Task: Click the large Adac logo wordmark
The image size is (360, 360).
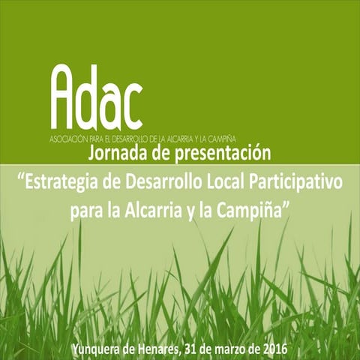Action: click(x=97, y=99)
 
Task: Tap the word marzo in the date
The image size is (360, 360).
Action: click(x=246, y=347)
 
